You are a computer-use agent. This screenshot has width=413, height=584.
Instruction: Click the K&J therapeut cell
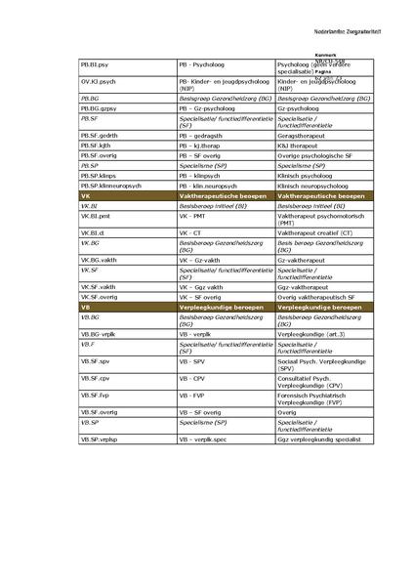click(x=297, y=146)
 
